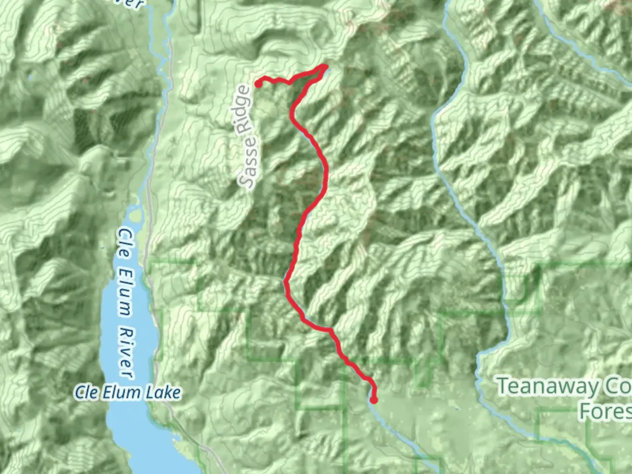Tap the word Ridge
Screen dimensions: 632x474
[x=242, y=110]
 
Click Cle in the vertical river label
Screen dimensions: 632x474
[x=125, y=241]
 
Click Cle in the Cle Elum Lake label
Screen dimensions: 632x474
[x=86, y=392]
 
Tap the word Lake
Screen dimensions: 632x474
[x=163, y=392]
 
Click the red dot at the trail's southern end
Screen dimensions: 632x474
[x=374, y=400]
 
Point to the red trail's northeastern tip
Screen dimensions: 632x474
[x=325, y=67]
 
